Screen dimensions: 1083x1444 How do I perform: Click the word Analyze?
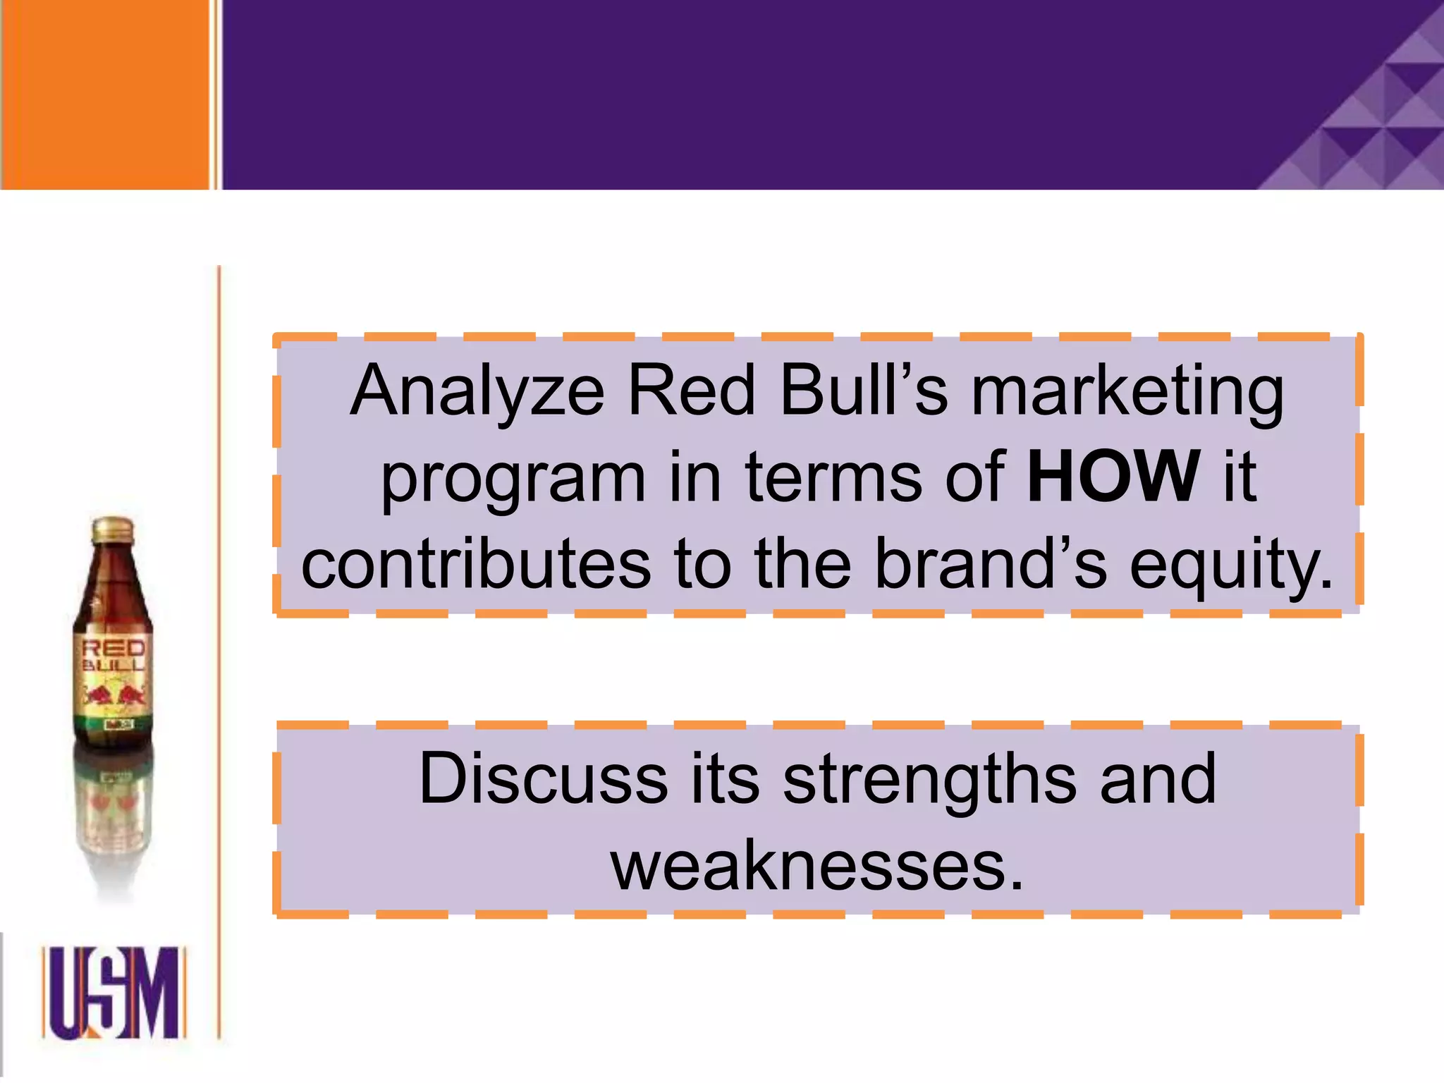click(x=477, y=392)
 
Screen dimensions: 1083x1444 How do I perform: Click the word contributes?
click(x=476, y=563)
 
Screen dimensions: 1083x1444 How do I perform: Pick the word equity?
click(x=1231, y=565)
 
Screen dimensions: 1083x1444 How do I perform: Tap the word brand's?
click(x=991, y=563)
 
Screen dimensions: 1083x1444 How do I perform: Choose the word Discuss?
click(x=542, y=778)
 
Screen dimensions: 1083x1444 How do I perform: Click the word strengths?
click(x=930, y=780)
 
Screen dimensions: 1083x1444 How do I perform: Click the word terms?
click(x=833, y=478)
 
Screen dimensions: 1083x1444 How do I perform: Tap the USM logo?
click(x=114, y=992)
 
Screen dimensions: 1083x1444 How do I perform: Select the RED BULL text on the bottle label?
click(x=114, y=655)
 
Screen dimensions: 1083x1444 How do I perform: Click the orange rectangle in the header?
click(x=104, y=94)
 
